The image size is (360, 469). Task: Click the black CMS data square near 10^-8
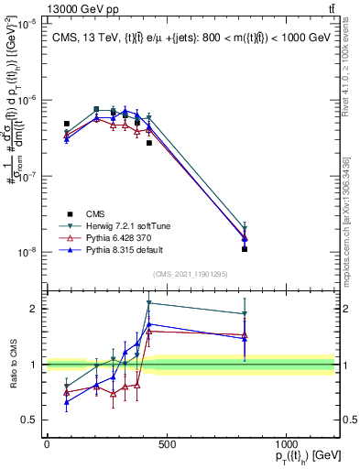pyautogui.click(x=245, y=249)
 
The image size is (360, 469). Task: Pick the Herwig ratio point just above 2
pyautogui.click(x=148, y=303)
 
